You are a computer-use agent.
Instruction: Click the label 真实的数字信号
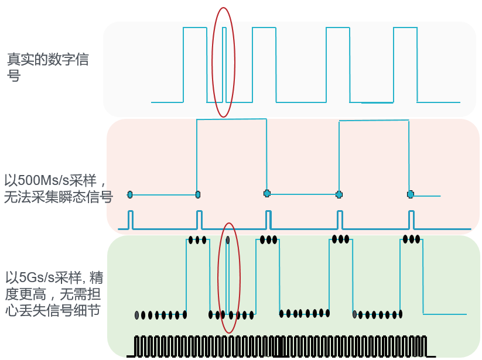tap(47, 67)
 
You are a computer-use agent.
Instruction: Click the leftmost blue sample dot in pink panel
tap(130, 194)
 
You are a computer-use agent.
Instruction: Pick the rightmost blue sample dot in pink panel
tap(411, 194)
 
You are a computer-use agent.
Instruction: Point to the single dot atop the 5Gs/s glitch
tap(228, 240)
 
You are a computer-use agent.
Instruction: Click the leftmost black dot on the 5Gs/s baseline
tap(137, 315)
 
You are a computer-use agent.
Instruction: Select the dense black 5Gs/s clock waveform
tap(281, 346)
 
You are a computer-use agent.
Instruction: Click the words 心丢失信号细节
tap(53, 311)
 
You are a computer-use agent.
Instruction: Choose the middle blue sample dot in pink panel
tap(267, 193)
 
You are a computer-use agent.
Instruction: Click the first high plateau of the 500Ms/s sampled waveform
tap(231, 119)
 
